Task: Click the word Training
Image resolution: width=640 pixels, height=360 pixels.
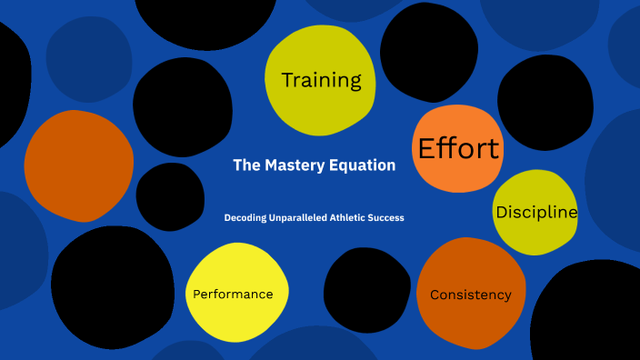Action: pyautogui.click(x=321, y=80)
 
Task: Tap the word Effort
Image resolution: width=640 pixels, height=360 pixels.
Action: pyautogui.click(x=458, y=148)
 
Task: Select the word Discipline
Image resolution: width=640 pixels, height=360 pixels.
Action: pyautogui.click(x=536, y=212)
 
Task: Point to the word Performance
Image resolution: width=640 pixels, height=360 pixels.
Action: pyautogui.click(x=233, y=295)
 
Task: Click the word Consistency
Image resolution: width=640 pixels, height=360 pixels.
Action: pyautogui.click(x=470, y=295)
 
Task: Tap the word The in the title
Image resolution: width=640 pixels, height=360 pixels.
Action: pyautogui.click(x=246, y=165)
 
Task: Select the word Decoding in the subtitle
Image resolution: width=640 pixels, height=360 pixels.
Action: pyautogui.click(x=246, y=218)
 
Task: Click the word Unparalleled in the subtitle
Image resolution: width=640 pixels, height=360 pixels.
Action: pyautogui.click(x=304, y=218)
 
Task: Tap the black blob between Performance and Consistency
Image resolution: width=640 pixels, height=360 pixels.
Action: pyautogui.click(x=366, y=290)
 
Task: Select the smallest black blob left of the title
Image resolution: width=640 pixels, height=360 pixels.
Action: pyautogui.click(x=170, y=196)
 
